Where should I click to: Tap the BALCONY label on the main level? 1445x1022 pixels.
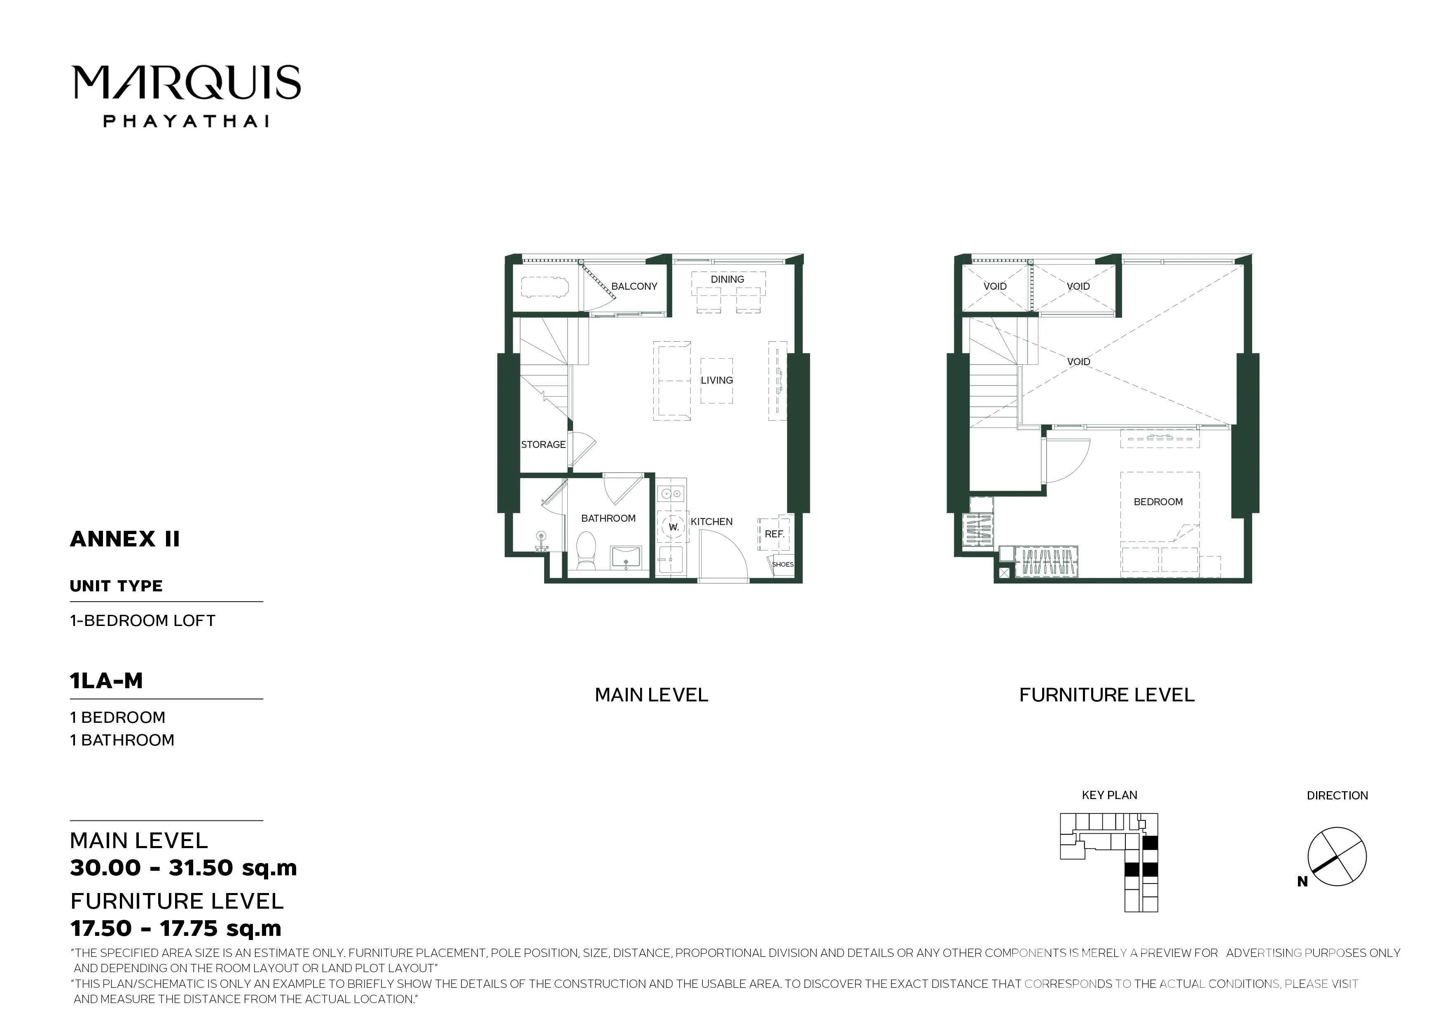point(634,286)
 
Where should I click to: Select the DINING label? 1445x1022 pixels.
point(727,279)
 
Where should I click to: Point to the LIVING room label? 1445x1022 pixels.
point(717,380)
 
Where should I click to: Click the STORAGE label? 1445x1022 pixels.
point(543,445)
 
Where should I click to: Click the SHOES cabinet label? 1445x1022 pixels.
point(783,564)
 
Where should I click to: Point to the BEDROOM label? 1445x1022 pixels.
point(1158,502)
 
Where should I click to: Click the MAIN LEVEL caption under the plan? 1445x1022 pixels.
point(651,695)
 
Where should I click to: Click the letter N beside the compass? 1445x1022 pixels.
point(1302,882)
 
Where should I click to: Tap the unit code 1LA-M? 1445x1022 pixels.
point(106,681)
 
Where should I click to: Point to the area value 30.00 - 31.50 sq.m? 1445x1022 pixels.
point(183,868)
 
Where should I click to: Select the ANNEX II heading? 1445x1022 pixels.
point(125,539)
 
